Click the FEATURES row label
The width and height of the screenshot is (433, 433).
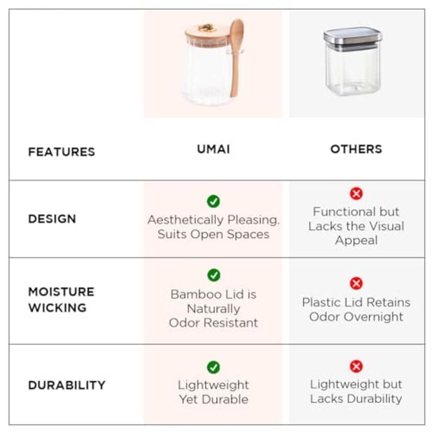click(x=61, y=152)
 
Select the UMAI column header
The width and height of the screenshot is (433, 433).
click(x=213, y=149)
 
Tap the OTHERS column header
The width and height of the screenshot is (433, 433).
click(x=356, y=149)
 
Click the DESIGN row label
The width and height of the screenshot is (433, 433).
click(x=52, y=219)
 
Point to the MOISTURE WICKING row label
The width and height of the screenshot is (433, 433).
click(x=61, y=299)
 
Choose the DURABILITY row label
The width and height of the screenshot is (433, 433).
click(x=67, y=385)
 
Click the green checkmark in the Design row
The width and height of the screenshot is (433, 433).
click(x=214, y=201)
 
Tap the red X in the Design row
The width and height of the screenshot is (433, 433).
click(x=356, y=194)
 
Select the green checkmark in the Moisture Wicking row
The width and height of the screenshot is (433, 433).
click(x=214, y=275)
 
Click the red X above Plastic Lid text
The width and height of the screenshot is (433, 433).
click(x=356, y=283)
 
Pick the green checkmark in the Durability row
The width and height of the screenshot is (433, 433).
click(x=214, y=367)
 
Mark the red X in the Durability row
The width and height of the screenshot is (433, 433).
click(x=356, y=367)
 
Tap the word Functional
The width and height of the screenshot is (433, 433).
click(x=338, y=212)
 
